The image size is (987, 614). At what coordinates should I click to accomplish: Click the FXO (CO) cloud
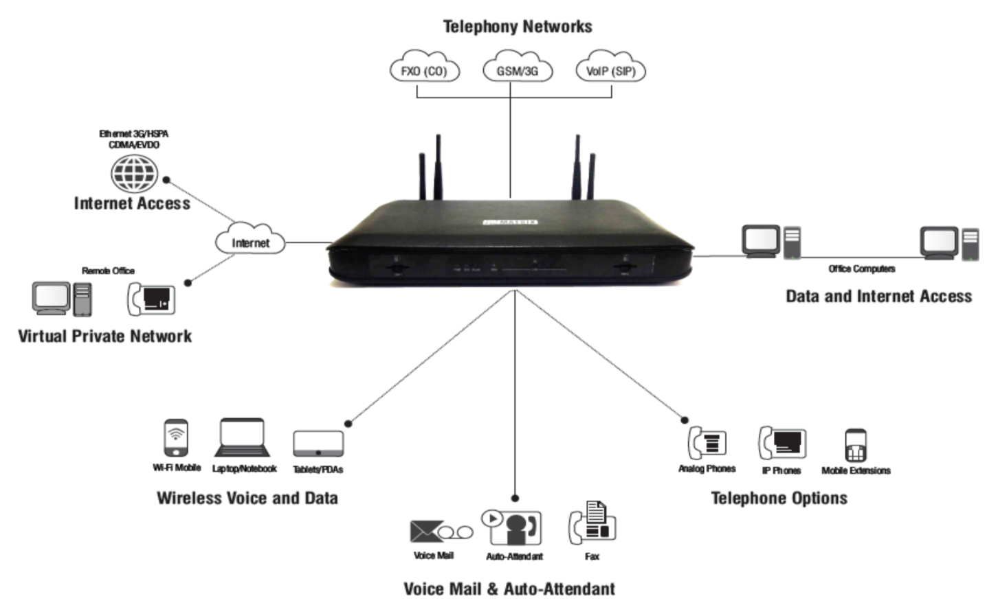pyautogui.click(x=424, y=70)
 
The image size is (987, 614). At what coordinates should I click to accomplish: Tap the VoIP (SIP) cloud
pyautogui.click(x=610, y=70)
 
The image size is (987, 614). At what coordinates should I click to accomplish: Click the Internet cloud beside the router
pyautogui.click(x=250, y=241)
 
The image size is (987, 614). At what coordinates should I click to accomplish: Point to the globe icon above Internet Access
pyautogui.click(x=134, y=174)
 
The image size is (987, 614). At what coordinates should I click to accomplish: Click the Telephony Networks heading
pyautogui.click(x=517, y=27)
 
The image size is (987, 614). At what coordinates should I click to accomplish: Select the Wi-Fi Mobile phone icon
pyautogui.click(x=176, y=437)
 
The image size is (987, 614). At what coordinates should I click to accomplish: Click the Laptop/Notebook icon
pyautogui.click(x=242, y=438)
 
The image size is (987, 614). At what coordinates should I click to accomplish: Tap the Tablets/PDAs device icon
pyautogui.click(x=318, y=444)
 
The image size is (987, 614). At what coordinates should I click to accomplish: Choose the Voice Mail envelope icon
pyautogui.click(x=426, y=531)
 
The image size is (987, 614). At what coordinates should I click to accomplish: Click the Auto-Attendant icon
pyautogui.click(x=513, y=527)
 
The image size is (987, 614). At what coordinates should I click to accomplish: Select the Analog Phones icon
pyautogui.click(x=707, y=442)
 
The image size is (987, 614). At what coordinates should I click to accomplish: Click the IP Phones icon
pyautogui.click(x=782, y=443)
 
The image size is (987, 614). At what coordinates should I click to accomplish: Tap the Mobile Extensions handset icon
pyautogui.click(x=855, y=446)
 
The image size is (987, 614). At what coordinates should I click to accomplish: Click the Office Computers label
pyautogui.click(x=861, y=269)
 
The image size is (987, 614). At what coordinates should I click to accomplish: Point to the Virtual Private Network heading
pyautogui.click(x=104, y=336)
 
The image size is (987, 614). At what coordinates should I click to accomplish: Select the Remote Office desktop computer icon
pyautogui.click(x=62, y=298)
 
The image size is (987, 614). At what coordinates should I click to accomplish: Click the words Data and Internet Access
pyautogui.click(x=878, y=296)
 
